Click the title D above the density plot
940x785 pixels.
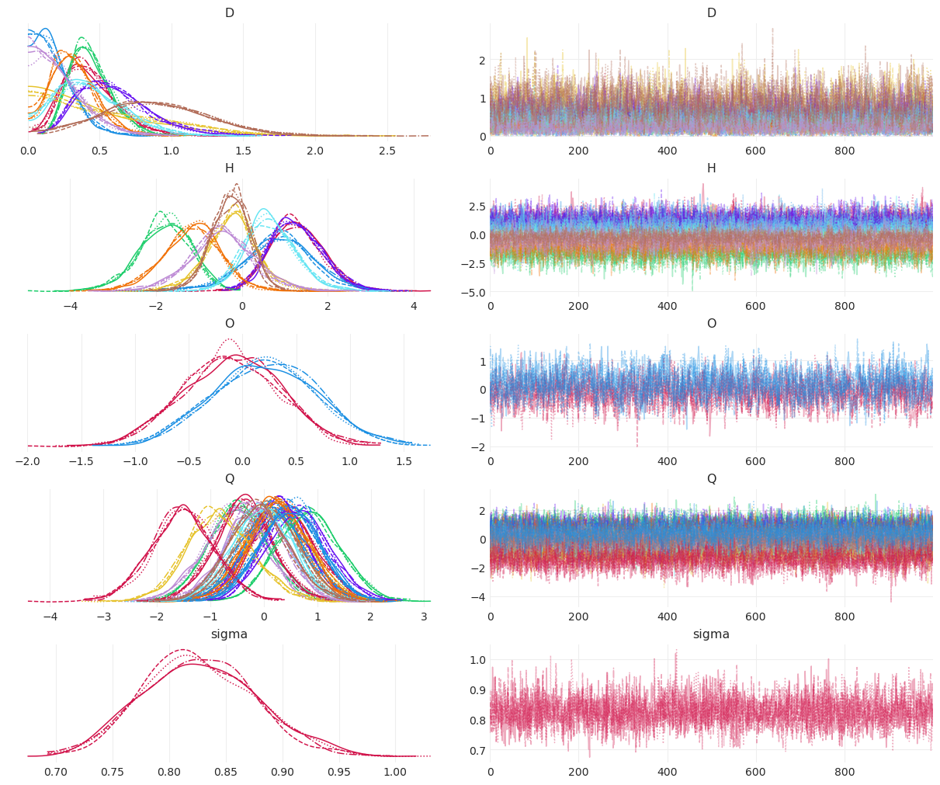point(229,13)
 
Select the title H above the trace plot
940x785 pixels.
point(711,168)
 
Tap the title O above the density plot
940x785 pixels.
point(229,324)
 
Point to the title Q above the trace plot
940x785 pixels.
point(711,479)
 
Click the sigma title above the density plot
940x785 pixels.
point(229,634)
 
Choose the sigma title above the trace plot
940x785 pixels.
point(711,634)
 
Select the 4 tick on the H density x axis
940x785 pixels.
point(414,306)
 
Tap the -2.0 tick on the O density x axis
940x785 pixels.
point(28,461)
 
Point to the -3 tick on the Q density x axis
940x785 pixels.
point(103,617)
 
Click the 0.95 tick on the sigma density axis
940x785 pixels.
point(338,772)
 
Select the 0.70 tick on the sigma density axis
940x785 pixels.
point(56,772)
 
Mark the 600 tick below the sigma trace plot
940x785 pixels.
point(755,772)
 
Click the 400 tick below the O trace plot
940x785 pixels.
point(667,461)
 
